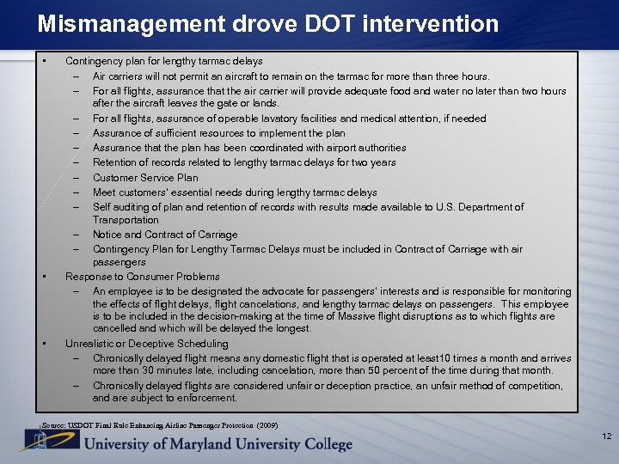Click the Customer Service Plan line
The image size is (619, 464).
click(145, 178)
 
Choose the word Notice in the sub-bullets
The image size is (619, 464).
click(107, 235)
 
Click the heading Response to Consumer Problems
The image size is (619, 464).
click(143, 277)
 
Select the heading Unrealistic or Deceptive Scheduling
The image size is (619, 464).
click(147, 344)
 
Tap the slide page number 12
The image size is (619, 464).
click(606, 437)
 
